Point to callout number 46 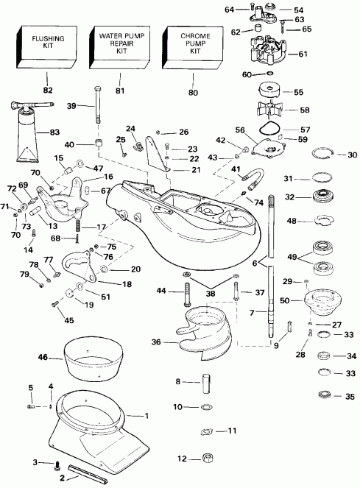(x=43, y=358)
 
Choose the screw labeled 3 (x=57, y=464)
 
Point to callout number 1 (x=147, y=417)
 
